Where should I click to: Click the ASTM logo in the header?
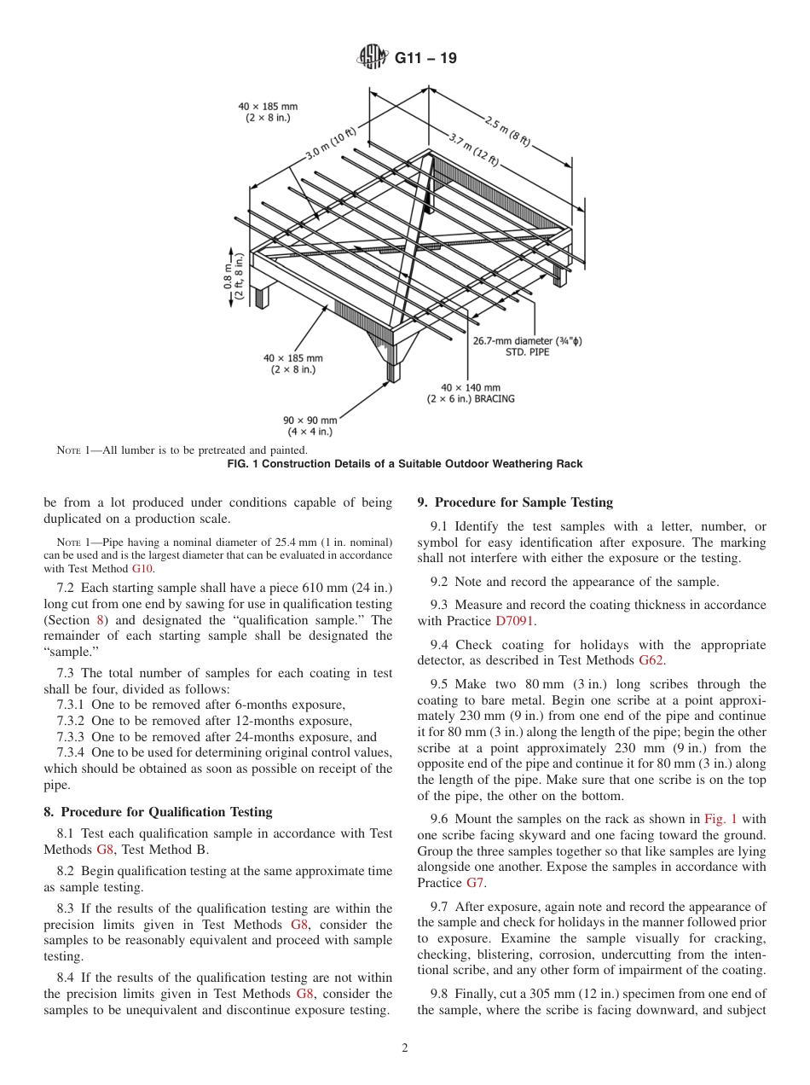click(372, 58)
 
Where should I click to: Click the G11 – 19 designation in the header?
click(425, 58)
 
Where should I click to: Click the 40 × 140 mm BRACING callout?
click(471, 393)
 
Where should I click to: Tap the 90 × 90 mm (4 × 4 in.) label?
click(310, 426)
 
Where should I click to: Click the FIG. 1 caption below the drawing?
click(405, 464)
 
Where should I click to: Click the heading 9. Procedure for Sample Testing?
click(514, 502)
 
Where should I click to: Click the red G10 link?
click(143, 568)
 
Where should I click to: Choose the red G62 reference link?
click(650, 661)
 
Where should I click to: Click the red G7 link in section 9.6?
click(474, 883)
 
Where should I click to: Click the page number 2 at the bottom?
click(405, 1048)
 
